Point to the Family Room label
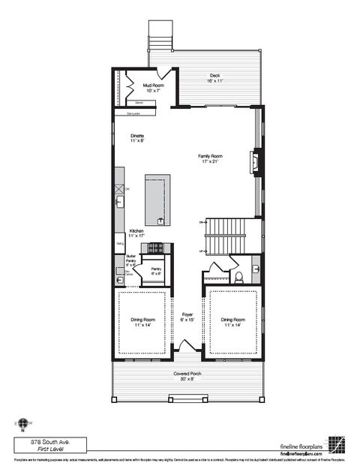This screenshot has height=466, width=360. point(211,158)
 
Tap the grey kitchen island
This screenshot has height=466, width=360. point(157,200)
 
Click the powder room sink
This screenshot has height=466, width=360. point(255,268)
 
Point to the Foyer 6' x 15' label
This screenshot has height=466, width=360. point(187,317)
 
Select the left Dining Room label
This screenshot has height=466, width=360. point(142,322)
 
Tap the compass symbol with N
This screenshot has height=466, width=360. point(23,424)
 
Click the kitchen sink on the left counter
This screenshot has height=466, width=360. point(120,201)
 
